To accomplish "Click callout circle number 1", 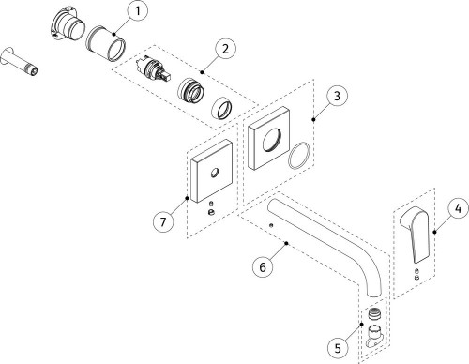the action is (138, 11).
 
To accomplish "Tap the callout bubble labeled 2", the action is (225, 49).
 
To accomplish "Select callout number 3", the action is (337, 96).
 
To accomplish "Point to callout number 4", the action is (458, 208).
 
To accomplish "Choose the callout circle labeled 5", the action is (338, 348).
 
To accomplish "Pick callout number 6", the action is (263, 267).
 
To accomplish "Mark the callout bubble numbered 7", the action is (163, 222).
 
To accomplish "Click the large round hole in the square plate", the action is (272, 140).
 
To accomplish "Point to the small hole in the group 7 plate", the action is (214, 173).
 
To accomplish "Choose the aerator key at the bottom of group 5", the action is (374, 336).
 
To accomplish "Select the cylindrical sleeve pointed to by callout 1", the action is (105, 42).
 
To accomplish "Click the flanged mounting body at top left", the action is (68, 26).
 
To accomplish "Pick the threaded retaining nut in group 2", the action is (190, 91).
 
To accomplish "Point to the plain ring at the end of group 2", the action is (222, 109).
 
